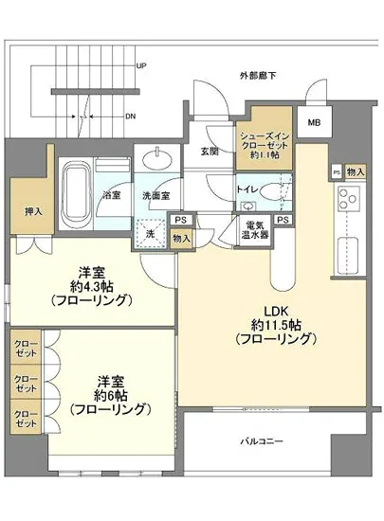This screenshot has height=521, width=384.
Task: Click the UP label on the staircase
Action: [140, 66]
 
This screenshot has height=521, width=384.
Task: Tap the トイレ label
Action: [248, 189]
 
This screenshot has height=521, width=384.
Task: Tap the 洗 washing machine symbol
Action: [150, 234]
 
